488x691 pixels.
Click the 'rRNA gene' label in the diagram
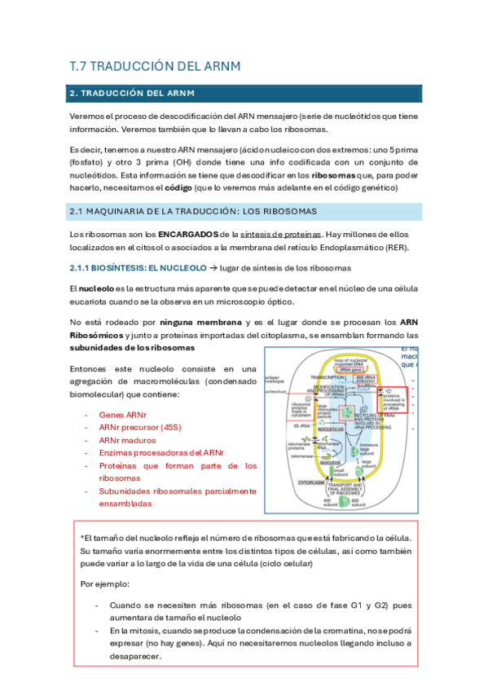(336, 368)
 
